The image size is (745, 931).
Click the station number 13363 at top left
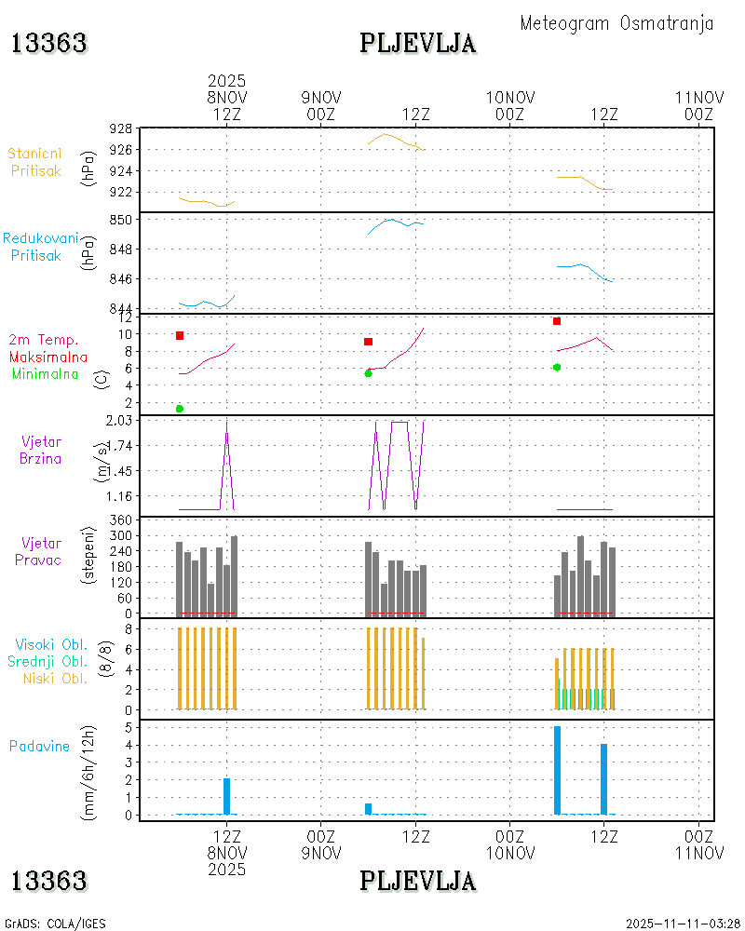(48, 43)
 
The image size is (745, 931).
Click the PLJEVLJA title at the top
(418, 43)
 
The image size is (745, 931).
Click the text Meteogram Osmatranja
(616, 23)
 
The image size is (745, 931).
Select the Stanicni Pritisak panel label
(36, 161)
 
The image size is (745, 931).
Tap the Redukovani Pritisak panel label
(40, 246)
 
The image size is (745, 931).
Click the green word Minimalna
(46, 373)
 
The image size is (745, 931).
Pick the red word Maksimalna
(48, 357)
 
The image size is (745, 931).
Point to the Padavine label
(39, 746)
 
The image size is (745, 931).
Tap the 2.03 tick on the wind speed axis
(119, 420)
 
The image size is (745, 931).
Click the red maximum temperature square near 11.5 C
(557, 321)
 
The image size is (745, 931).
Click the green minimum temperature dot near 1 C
(180, 409)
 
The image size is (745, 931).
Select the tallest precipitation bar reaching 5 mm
(557, 770)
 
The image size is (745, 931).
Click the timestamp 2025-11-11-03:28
(683, 924)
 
